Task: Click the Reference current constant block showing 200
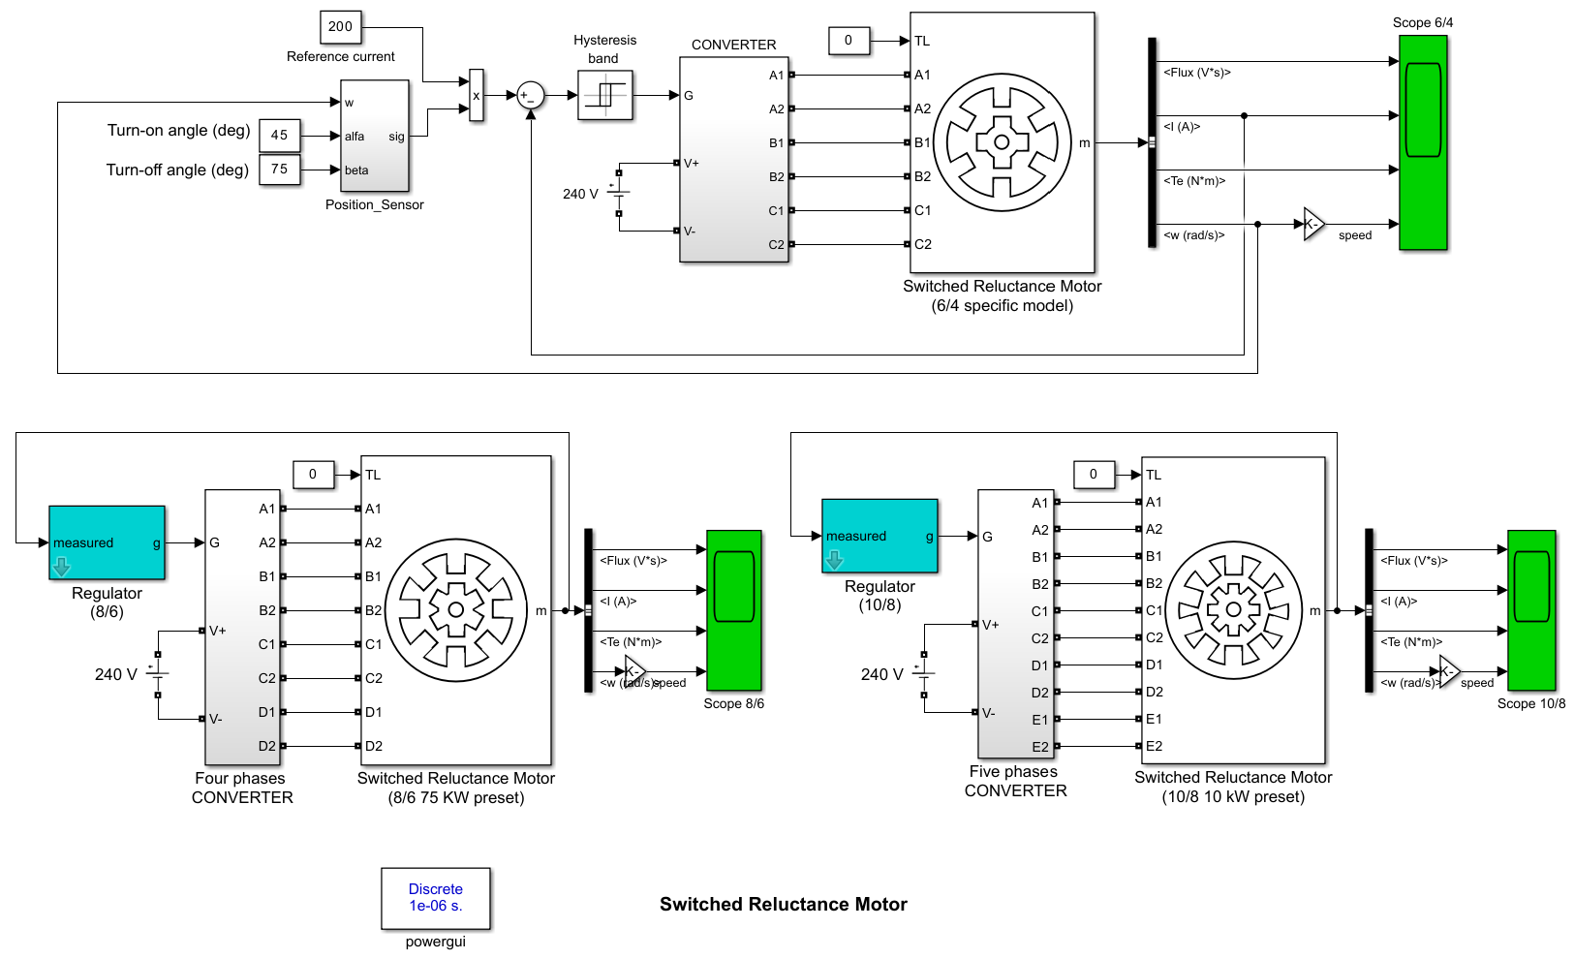341,27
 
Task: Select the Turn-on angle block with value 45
280,136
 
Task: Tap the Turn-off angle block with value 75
280,170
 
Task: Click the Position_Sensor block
375,136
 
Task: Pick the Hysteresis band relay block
605,95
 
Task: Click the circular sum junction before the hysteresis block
531,96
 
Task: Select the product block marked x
477,96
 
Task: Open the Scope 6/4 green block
1423,142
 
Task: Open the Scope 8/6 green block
734,610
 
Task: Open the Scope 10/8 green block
1531,610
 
